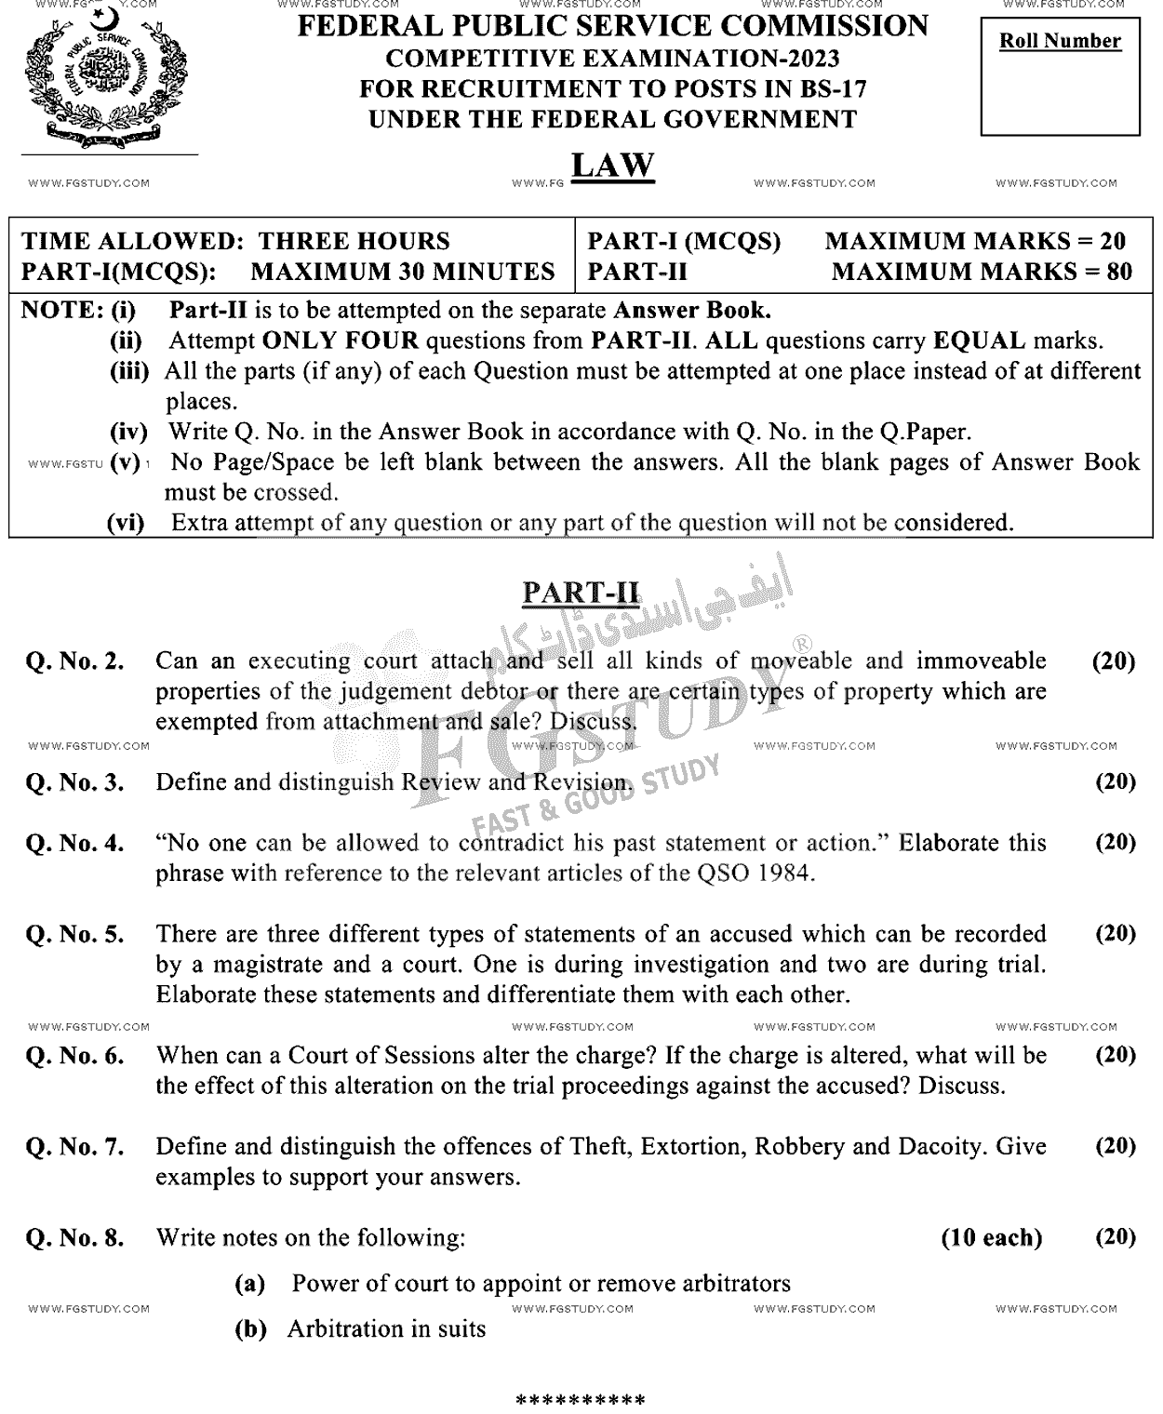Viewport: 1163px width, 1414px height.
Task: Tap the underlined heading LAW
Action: [x=612, y=166]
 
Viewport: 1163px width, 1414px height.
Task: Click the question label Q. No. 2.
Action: [x=75, y=662]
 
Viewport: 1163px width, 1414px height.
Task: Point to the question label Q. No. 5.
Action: [x=75, y=935]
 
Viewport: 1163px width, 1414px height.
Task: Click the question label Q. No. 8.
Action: [x=75, y=1238]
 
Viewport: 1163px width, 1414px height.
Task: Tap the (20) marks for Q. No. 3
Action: [x=1115, y=781]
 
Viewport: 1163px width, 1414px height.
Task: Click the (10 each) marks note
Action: [x=992, y=1238]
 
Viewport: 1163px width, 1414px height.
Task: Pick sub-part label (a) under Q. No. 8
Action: [x=249, y=1285]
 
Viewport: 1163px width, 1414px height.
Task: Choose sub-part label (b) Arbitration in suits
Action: [x=249, y=1329]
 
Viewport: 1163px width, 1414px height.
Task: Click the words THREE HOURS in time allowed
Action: [x=354, y=242]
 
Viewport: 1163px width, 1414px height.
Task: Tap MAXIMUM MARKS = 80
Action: [x=982, y=272]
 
